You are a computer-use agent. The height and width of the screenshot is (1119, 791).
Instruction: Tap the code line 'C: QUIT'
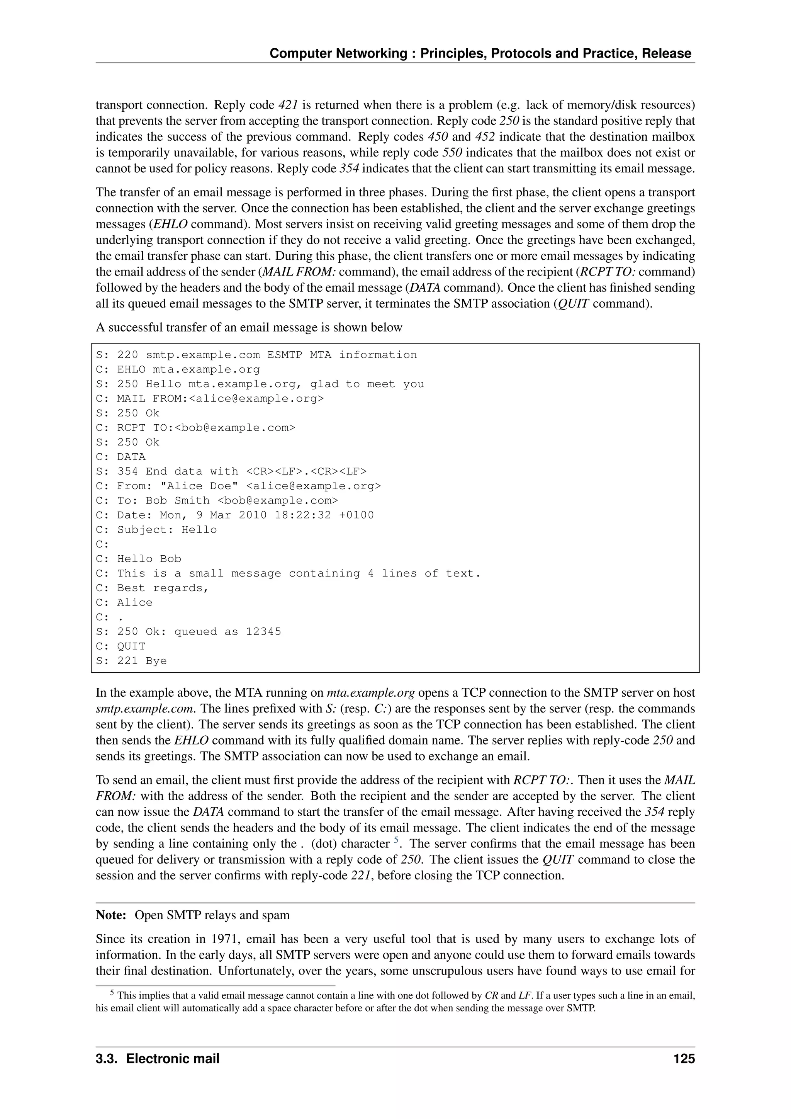(x=121, y=646)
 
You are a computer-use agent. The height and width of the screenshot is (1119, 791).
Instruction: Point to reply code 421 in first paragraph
(x=288, y=105)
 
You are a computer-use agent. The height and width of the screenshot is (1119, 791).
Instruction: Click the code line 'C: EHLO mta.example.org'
(x=177, y=369)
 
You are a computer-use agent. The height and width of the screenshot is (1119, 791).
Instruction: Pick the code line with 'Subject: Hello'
(x=156, y=530)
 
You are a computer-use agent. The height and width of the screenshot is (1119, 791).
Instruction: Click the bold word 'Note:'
(x=111, y=915)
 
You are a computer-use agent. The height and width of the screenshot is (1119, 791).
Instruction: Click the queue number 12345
(x=263, y=632)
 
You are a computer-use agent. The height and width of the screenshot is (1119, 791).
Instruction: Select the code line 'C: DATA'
(x=121, y=457)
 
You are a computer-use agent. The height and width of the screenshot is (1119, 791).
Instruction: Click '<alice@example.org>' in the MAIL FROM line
(x=256, y=399)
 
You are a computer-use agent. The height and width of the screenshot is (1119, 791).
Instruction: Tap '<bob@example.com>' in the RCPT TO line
(x=235, y=428)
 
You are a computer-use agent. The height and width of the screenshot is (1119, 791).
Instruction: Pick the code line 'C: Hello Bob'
(x=138, y=559)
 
